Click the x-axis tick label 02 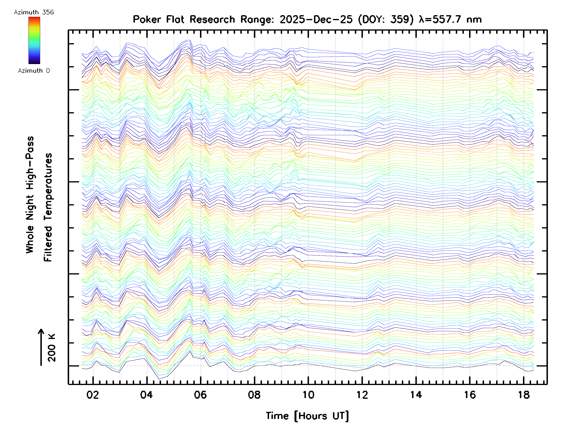click(93, 395)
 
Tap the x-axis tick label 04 click(146, 395)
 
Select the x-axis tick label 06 click(200, 395)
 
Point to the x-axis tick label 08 click(254, 395)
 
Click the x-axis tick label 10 click(308, 395)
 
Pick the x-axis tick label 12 click(362, 395)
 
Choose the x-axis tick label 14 click(416, 395)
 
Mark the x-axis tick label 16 click(470, 395)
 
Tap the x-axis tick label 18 click(524, 395)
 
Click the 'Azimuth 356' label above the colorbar click(34, 12)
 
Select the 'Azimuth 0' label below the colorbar click(34, 70)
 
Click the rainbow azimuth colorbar click(34, 40)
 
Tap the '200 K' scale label click(52, 348)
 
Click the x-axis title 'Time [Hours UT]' click(307, 416)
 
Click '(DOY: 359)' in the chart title click(386, 19)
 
